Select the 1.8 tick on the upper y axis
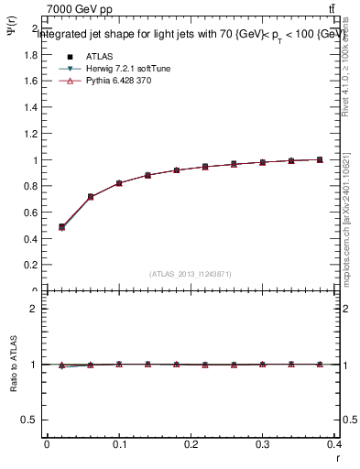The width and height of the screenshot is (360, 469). coord(31,54)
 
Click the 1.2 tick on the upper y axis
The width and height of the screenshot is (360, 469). coord(31,134)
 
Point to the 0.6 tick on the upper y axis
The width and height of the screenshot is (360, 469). coord(31,213)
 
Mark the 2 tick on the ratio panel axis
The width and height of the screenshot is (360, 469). coord(34,309)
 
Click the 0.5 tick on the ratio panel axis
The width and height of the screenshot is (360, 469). coord(31,420)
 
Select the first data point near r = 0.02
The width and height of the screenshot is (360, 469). coord(61,227)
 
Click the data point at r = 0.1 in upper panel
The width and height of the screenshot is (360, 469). coord(119,183)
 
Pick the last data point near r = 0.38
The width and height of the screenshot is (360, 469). coord(320,159)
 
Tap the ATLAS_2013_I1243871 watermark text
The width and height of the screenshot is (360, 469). coord(191,274)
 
